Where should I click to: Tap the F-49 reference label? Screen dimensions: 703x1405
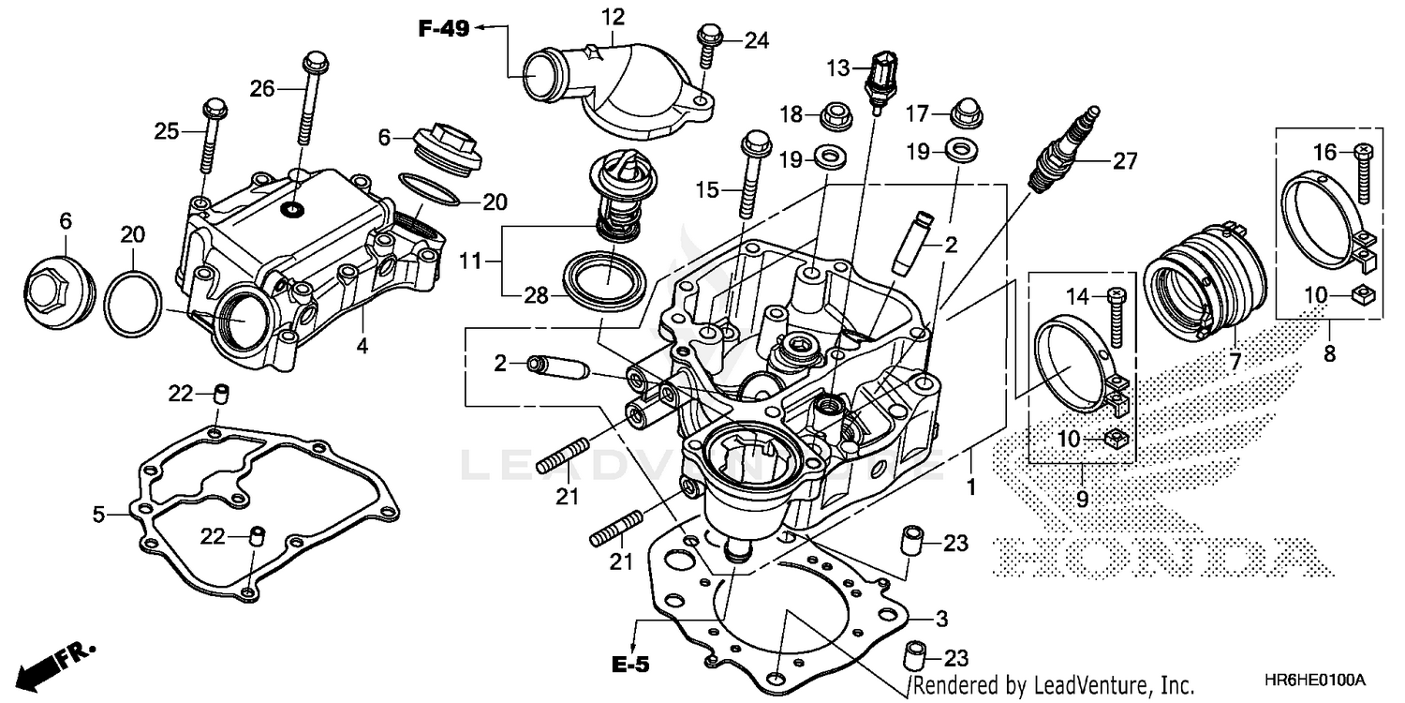point(443,29)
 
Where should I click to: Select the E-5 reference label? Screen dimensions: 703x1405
point(631,666)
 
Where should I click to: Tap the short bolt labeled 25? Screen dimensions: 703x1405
point(212,136)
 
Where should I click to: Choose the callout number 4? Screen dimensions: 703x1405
point(362,345)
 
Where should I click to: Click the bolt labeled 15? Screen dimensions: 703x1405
point(749,174)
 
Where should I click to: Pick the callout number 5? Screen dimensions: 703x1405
point(98,514)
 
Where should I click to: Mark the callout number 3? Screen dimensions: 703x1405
point(941,619)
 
